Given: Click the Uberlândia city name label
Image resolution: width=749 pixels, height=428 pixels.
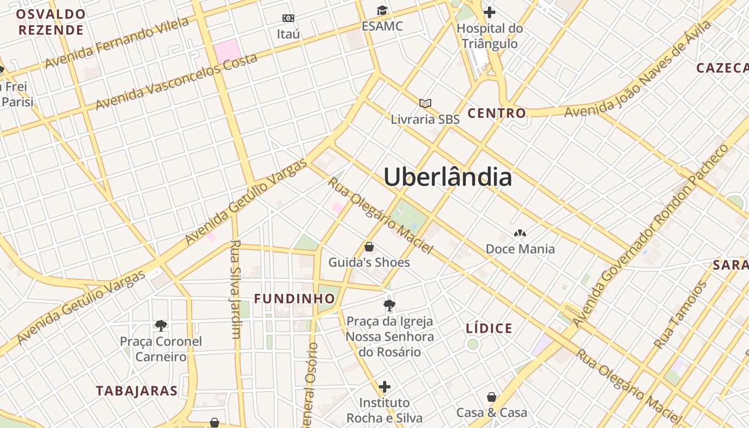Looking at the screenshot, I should click(447, 177).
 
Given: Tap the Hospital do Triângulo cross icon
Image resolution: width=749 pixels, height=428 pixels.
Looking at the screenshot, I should click(489, 12).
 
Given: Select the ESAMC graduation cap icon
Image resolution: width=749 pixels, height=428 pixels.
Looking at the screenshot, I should click(382, 10).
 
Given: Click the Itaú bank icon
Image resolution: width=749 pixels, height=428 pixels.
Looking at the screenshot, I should click(288, 18).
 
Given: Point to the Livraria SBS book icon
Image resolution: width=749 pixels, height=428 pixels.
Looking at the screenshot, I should click(425, 103).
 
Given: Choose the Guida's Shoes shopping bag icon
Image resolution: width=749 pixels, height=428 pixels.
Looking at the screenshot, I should click(369, 247).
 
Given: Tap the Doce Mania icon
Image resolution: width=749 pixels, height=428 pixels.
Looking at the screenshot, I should click(519, 233).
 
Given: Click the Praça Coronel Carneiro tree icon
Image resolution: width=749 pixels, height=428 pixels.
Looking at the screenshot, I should click(160, 325).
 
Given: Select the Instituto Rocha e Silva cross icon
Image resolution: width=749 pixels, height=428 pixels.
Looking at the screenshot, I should click(384, 386).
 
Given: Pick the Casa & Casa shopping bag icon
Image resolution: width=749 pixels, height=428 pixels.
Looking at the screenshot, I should click(491, 397).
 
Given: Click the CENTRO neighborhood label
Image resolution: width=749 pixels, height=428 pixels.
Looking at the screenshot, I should click(496, 113).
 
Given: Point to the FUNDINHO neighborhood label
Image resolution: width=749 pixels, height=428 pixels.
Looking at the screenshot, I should click(294, 299).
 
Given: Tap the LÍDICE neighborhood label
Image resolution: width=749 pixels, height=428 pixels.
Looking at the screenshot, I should click(489, 328).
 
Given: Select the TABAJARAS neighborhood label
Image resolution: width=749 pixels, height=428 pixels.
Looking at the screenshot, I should click(137, 391).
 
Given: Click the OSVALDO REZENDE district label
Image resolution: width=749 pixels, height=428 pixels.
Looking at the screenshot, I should click(51, 22).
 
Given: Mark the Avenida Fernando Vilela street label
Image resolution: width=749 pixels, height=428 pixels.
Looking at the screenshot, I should click(117, 43).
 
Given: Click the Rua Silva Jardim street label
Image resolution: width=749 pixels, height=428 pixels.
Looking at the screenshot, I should click(235, 289).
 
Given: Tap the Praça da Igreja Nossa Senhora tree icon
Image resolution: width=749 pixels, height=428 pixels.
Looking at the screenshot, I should click(389, 305).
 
